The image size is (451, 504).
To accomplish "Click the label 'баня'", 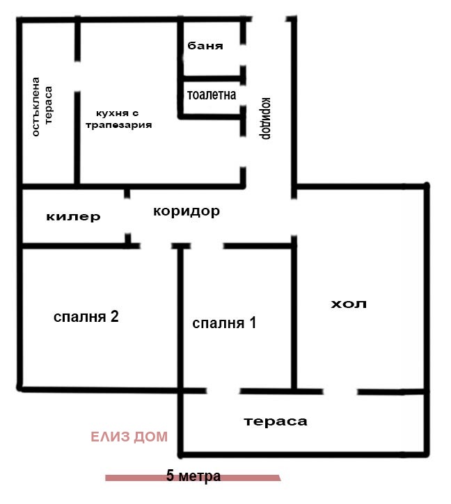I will click(205, 47).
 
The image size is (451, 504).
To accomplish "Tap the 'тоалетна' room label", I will click(212, 95).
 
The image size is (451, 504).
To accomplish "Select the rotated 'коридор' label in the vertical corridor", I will click(266, 116).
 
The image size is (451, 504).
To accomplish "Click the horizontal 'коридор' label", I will click(187, 211).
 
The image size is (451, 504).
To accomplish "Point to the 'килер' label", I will click(73, 216).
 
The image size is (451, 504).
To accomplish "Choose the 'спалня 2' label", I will click(86, 317).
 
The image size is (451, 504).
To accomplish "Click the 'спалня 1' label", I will click(224, 323).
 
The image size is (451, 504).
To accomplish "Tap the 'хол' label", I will click(348, 304).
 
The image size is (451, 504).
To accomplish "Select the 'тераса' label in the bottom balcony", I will click(276, 421).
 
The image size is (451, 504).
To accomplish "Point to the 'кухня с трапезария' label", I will click(118, 119).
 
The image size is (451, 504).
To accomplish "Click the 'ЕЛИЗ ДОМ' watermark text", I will click(129, 437).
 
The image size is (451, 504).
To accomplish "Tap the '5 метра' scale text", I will click(193, 476).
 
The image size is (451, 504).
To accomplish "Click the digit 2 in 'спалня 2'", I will click(113, 317).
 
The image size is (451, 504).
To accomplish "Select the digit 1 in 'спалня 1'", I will click(253, 323).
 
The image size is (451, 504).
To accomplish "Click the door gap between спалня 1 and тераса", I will click(223, 390).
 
